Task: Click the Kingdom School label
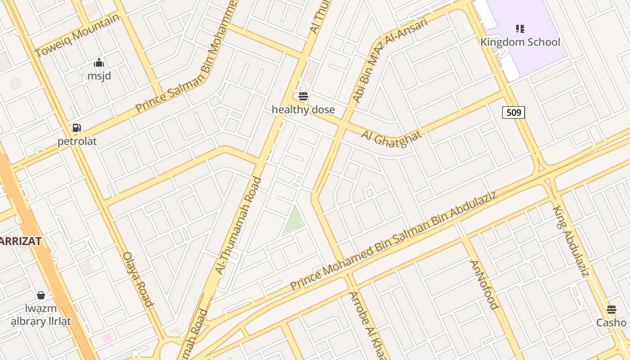coord(520,42)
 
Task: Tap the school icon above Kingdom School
coord(520,29)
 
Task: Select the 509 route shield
coord(513,112)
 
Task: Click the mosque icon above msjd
coord(99,63)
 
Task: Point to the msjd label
coord(99,76)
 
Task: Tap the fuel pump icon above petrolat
coord(77,128)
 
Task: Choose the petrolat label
coord(77,141)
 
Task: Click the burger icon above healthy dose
coord(303,96)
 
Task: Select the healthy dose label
coord(303,109)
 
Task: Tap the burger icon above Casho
coord(611,310)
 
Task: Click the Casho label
coord(611,323)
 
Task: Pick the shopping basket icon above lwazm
coord(41,295)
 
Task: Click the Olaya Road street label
coord(138,279)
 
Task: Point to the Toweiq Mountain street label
coord(77,36)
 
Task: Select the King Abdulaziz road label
coord(571,241)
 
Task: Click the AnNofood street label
coord(484,285)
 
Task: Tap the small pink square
coord(107,337)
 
